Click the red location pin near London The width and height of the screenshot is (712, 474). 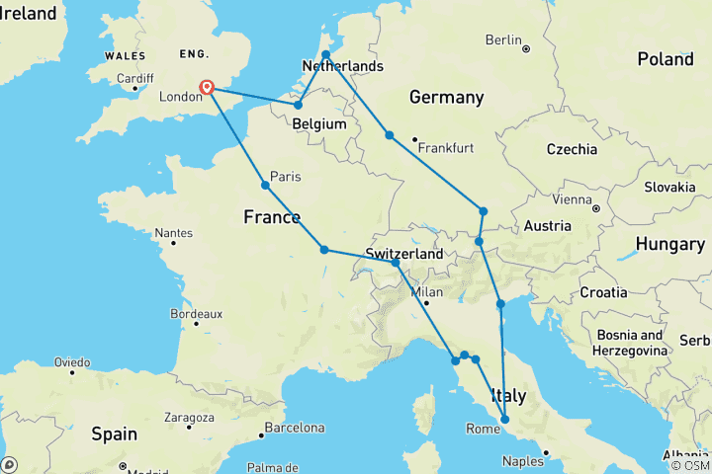[x=208, y=88]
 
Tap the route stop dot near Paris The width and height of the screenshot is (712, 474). [x=265, y=185]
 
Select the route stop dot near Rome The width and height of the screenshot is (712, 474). [x=505, y=420]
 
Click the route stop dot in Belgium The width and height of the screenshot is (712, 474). [x=298, y=105]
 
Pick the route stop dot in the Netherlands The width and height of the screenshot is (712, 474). [x=325, y=54]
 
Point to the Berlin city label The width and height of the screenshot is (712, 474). [x=503, y=39]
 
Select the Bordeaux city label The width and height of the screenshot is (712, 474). [x=195, y=313]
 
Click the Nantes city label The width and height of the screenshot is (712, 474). [x=173, y=234]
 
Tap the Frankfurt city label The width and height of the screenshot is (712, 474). [x=447, y=147]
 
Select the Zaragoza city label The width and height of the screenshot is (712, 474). [x=187, y=418]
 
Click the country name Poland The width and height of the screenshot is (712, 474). [x=665, y=59]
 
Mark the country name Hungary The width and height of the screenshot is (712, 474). [x=669, y=243]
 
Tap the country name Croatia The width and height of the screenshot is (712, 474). [x=603, y=292]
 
